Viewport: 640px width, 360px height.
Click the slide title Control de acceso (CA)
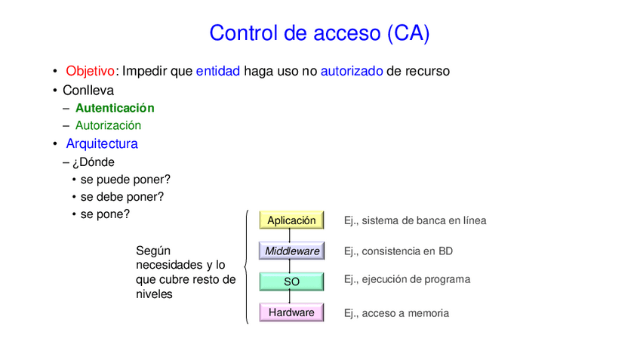319,33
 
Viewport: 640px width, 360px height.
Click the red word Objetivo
91,71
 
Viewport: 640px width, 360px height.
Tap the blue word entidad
217,71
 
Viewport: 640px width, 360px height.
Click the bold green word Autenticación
115,108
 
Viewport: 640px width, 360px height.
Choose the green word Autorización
108,125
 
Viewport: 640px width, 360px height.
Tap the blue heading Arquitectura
101,143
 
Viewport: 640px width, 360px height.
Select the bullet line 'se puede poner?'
125,179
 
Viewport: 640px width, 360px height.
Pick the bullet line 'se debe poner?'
122,196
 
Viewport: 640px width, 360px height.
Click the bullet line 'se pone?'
105,214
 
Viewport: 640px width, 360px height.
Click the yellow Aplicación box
291,220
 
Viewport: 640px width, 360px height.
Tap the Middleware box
291,251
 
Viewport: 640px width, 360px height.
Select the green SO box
291,282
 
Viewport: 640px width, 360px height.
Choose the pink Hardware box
291,312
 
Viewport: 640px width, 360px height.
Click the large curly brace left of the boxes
246,266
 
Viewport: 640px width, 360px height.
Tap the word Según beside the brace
153,250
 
